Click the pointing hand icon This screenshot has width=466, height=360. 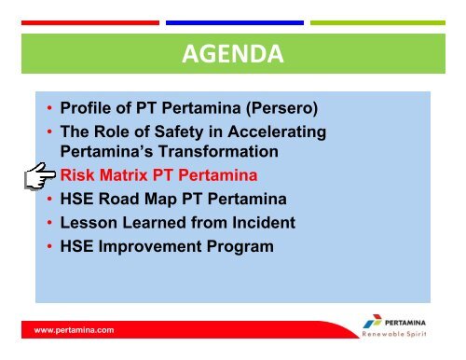(x=37, y=175)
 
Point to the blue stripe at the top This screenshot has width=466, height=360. (x=233, y=22)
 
